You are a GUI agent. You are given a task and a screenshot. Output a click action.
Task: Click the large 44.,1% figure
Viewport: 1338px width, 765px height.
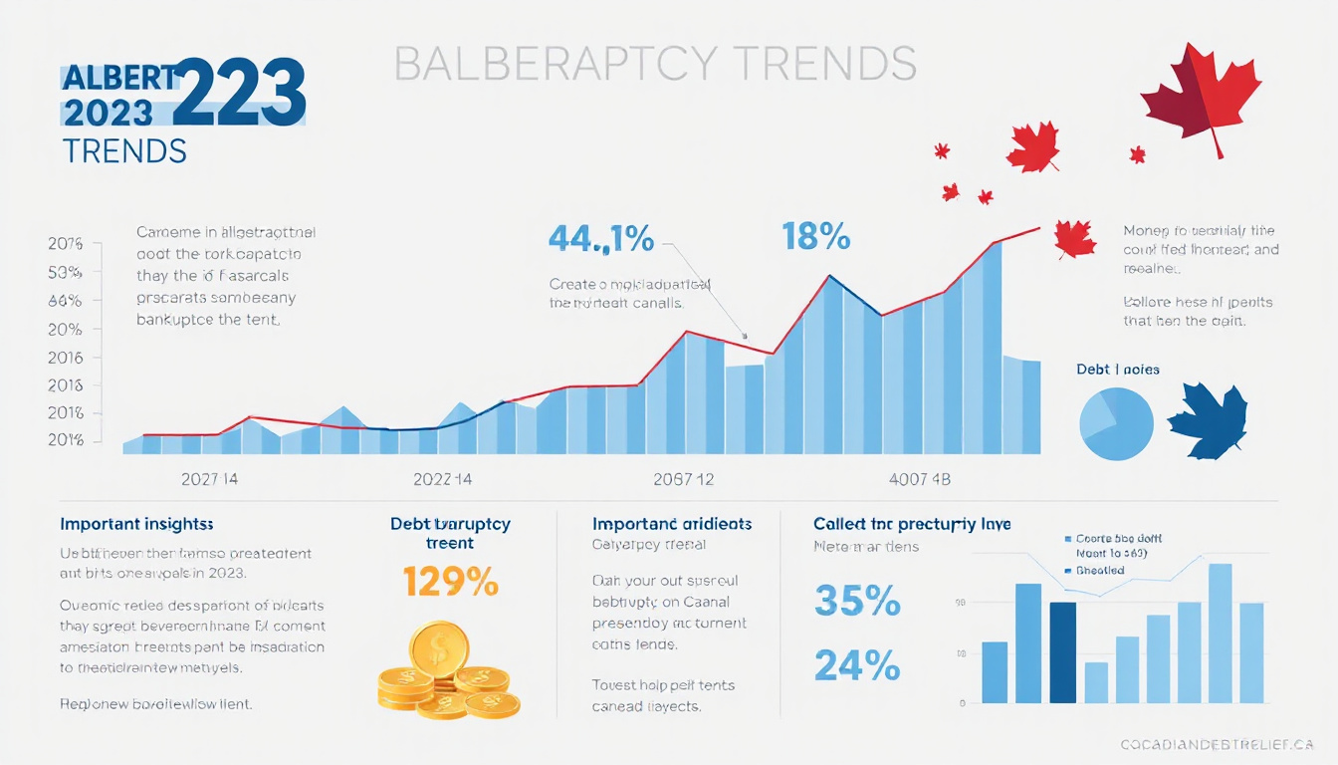pos(601,239)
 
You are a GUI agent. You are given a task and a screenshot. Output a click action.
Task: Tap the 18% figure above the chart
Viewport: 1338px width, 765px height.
pos(815,237)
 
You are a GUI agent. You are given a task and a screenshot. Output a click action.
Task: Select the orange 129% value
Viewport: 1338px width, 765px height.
pos(450,581)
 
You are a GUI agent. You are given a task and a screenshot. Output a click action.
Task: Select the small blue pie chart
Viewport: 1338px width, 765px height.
pos(1116,424)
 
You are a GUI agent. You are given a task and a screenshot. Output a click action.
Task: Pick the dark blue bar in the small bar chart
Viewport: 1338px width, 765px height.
pos(1062,652)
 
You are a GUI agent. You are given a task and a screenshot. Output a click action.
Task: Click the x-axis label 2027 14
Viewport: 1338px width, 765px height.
pos(209,479)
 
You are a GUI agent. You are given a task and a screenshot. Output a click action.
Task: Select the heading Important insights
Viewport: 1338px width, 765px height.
pos(136,524)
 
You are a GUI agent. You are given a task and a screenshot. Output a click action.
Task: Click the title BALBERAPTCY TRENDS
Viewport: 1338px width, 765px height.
pos(655,64)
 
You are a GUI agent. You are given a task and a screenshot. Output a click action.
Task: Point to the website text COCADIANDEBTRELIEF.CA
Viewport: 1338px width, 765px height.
pos(1217,745)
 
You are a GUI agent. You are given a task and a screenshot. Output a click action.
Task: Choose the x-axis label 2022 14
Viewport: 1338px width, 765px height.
pos(442,479)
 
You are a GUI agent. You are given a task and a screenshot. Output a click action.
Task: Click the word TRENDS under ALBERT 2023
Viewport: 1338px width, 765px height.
pos(124,151)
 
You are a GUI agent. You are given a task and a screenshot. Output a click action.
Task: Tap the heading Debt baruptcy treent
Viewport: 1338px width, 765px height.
pos(450,533)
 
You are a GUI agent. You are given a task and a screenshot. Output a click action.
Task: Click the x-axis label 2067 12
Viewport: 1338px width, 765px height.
pos(685,479)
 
